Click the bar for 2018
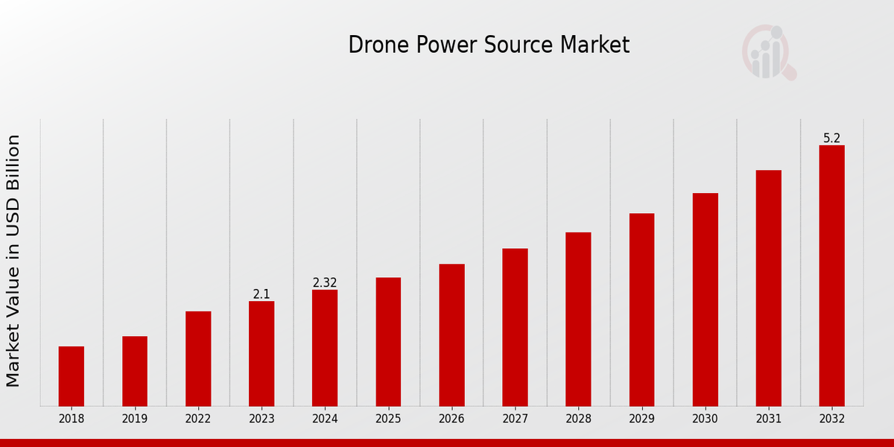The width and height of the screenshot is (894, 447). (72, 376)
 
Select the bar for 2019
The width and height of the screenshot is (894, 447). (135, 371)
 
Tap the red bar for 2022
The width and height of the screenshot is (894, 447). (198, 358)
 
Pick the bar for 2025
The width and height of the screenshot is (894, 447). (388, 342)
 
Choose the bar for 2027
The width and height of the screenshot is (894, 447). (515, 327)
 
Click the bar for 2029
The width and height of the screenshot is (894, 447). (641, 310)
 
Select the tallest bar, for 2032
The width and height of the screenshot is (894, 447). (831, 276)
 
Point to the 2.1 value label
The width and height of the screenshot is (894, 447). (261, 294)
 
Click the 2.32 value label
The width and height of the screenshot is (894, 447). (325, 283)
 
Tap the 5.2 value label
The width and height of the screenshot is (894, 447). (831, 139)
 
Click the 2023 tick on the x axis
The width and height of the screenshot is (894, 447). (261, 419)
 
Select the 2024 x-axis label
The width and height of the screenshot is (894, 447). (325, 419)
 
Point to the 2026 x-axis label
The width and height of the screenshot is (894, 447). (451, 419)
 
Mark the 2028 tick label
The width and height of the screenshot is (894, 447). (578, 419)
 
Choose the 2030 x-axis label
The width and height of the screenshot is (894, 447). (705, 419)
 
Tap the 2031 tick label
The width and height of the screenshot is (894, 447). (768, 419)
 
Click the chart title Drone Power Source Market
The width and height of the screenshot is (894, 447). (489, 45)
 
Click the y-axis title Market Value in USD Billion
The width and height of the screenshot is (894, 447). (13, 261)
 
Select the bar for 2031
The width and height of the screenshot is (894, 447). (768, 288)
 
